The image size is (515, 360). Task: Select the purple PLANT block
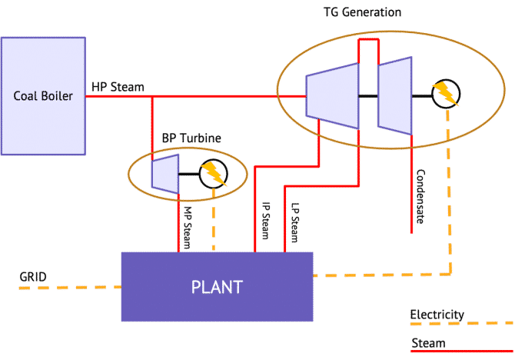218,287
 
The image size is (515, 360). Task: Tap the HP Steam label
118,87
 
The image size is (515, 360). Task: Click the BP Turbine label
191,138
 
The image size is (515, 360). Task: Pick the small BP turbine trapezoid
165,173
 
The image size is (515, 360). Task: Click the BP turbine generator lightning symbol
214,174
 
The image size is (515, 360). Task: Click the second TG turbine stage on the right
395,95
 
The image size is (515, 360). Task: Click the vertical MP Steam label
188,226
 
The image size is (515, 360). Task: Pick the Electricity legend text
437,315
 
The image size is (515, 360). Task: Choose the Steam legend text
428,343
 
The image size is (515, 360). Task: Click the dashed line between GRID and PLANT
69,288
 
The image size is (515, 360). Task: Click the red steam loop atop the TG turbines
368,39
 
